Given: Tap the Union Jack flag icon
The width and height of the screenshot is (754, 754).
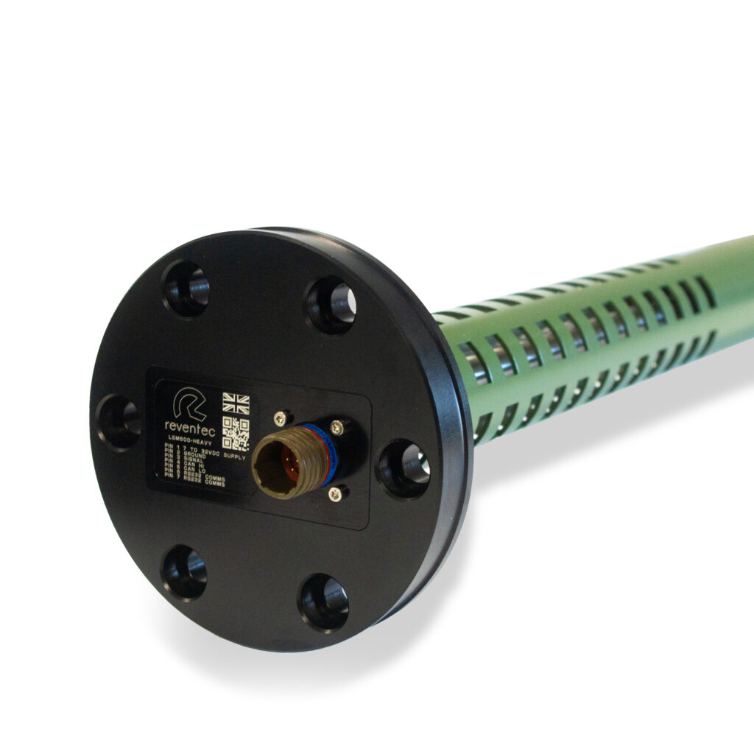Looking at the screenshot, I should (236, 403).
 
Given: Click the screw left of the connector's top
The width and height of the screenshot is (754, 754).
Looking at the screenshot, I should (280, 419).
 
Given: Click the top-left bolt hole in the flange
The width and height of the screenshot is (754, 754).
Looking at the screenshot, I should (185, 288).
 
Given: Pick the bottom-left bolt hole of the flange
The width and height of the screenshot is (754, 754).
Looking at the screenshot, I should (183, 571).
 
